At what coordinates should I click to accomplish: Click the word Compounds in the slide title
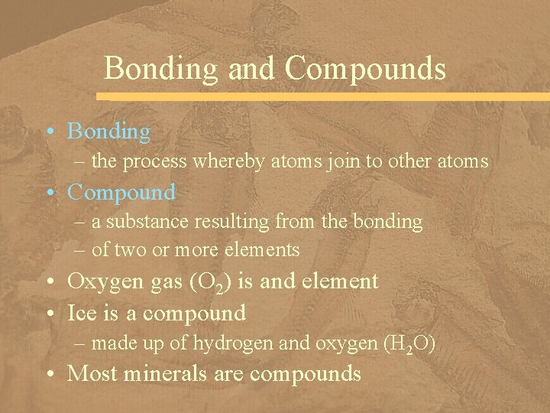coord(365,68)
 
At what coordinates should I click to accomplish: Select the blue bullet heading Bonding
coord(109,132)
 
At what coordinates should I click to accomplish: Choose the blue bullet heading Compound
coord(121,191)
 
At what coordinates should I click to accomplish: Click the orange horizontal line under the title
coord(321,97)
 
